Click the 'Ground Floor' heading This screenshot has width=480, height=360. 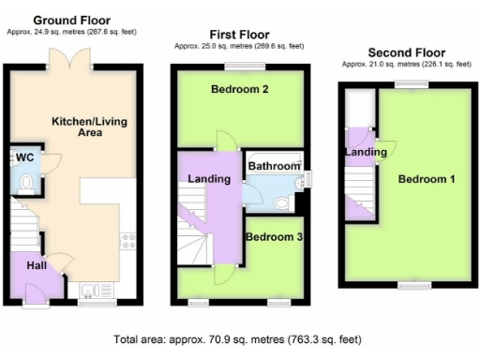71,20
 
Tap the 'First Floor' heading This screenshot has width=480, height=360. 237,34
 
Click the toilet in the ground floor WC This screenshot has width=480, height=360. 26,181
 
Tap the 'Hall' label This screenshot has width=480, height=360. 37,266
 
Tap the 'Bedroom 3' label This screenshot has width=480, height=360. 274,238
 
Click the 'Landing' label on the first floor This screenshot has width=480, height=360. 209,179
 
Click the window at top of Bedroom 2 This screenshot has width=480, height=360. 238,66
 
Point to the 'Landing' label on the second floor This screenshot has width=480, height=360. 365,152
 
